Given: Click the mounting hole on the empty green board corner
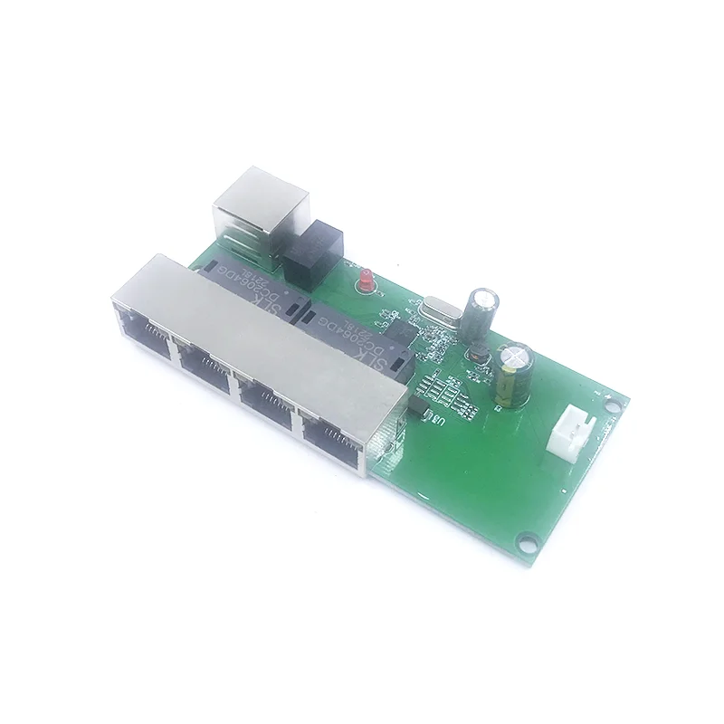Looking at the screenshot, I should (x=522, y=541).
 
